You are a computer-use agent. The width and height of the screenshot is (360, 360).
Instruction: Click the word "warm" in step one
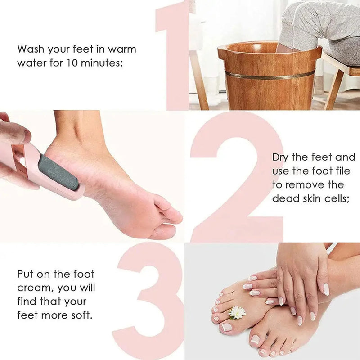tap(121, 49)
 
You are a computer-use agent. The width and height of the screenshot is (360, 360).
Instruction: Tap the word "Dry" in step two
tap(282, 157)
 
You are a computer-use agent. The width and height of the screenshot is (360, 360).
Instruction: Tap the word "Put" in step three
tap(26, 274)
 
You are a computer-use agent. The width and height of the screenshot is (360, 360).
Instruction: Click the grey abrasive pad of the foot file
tap(57, 172)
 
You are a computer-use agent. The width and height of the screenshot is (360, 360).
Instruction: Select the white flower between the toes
tap(237, 312)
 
